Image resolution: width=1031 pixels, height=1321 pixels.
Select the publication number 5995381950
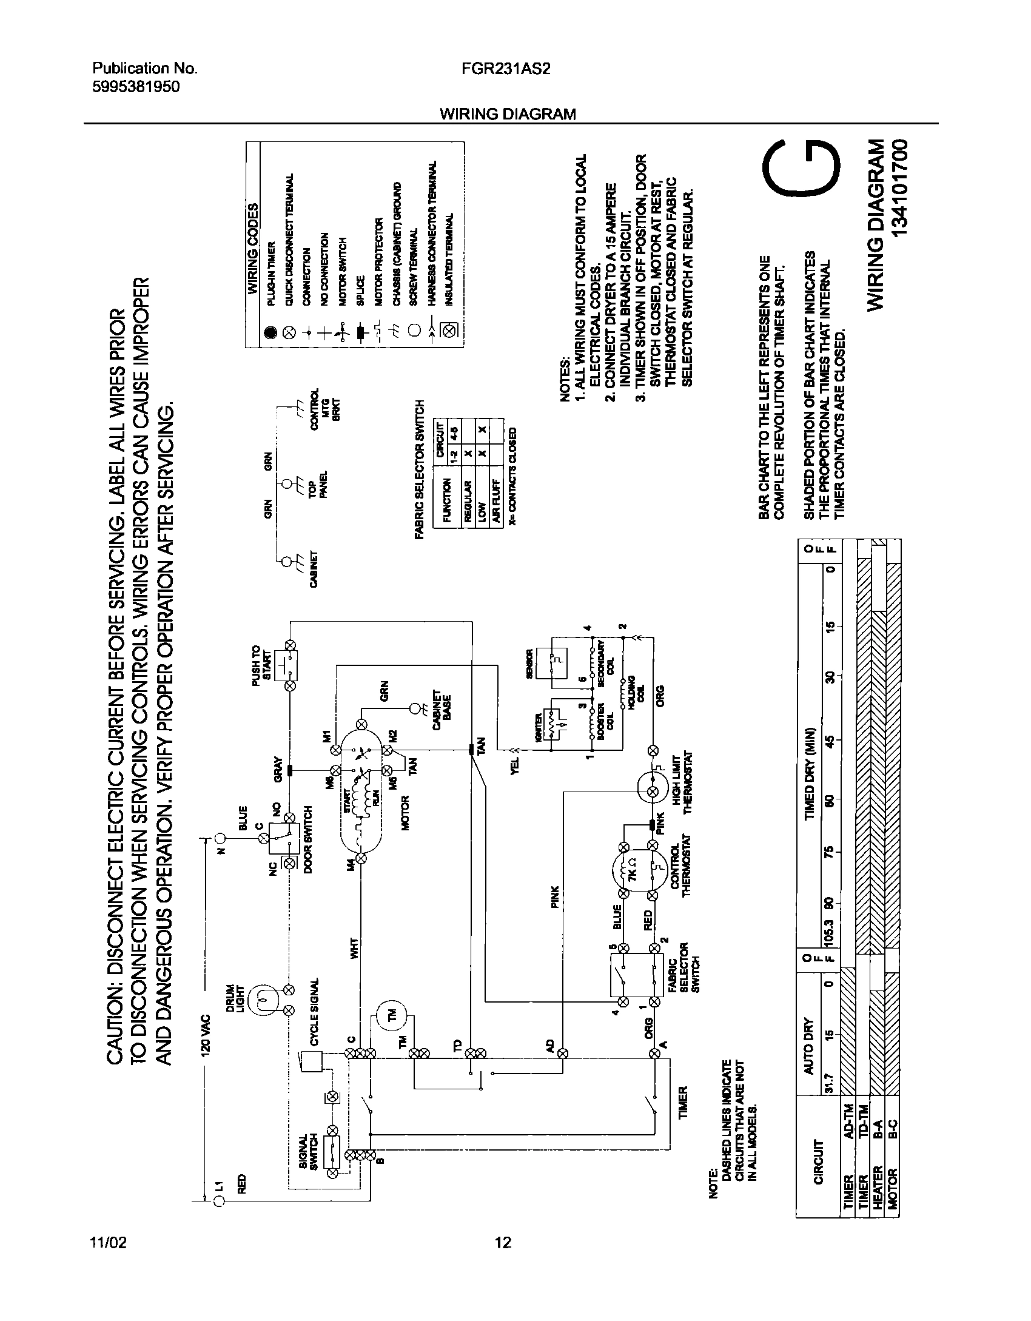[x=135, y=87]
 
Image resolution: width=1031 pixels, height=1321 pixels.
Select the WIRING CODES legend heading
[x=253, y=247]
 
